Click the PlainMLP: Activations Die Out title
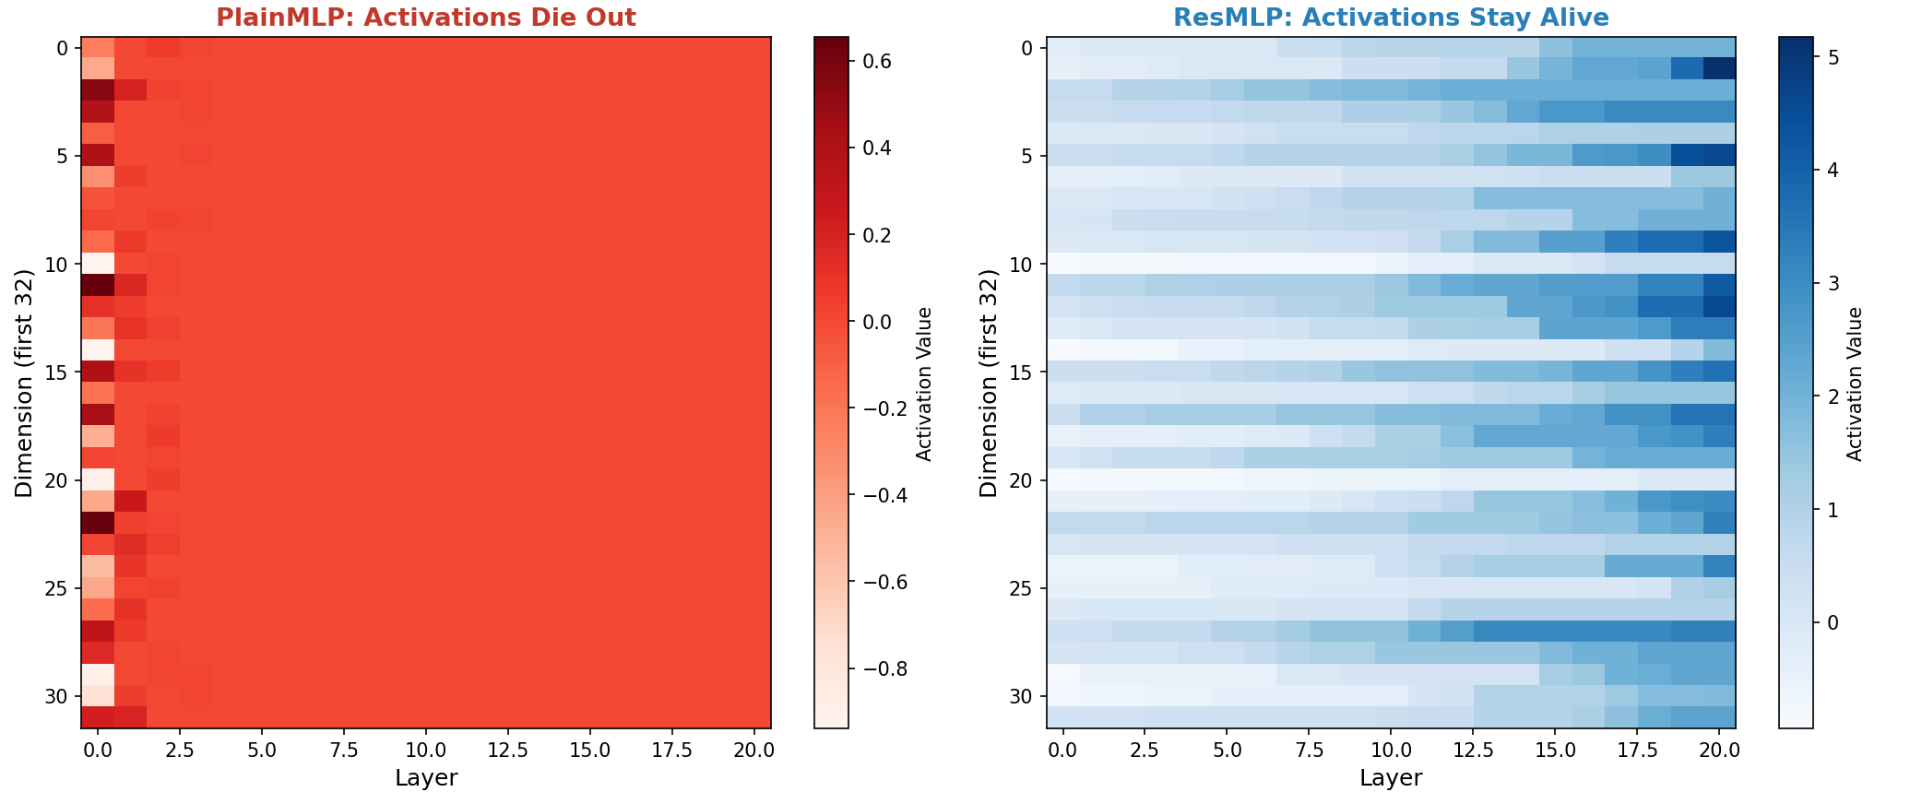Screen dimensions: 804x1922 coord(426,18)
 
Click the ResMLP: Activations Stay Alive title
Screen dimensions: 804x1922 coord(1391,18)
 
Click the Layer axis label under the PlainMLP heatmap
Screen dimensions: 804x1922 coord(426,778)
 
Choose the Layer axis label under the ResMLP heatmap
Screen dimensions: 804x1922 coord(1391,778)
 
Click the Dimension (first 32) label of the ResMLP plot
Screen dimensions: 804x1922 coord(990,383)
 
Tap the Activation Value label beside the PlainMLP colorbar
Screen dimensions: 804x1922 coord(925,384)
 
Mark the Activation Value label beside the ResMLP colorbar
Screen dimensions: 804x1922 coord(1856,384)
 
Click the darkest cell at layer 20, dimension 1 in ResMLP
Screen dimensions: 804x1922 coord(1719,69)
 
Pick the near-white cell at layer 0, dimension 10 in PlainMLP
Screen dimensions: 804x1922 coord(98,264)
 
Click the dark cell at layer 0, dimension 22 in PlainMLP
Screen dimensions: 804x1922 coord(98,523)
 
